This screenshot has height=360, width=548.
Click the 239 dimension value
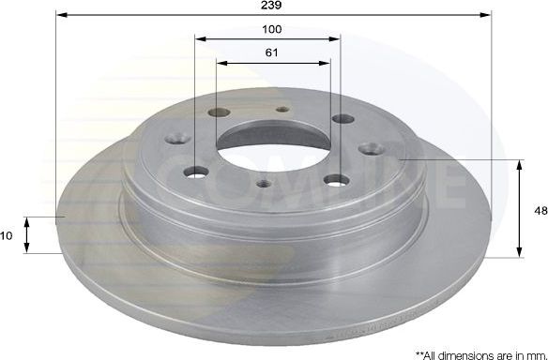tap(272, 5)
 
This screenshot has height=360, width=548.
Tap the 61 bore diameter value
tap(271, 52)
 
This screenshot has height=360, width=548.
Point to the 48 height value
tap(540, 211)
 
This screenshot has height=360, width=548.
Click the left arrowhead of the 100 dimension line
tap(200, 39)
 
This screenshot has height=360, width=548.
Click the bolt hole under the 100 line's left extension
tap(196, 172)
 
